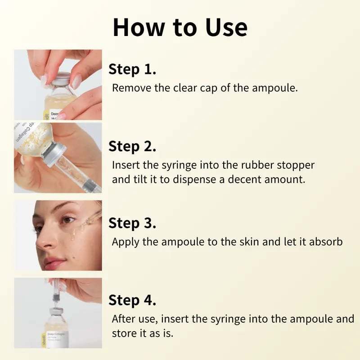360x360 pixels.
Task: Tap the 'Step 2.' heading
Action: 133,146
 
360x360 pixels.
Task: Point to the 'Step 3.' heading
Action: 133,223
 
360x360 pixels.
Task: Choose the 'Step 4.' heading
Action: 133,300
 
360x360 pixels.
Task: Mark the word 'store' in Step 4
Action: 124,334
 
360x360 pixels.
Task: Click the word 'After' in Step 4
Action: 123,319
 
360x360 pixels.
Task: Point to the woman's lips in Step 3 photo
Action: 54,261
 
